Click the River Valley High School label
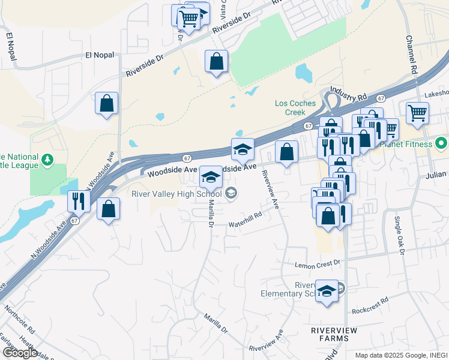tap(178, 194)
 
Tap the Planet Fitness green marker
tap(441, 144)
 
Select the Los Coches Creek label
tap(295, 107)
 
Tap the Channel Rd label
tap(411, 54)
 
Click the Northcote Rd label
tap(20, 321)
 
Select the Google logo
tap(20, 352)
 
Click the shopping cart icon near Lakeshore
tap(417, 112)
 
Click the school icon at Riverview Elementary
tap(327, 292)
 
